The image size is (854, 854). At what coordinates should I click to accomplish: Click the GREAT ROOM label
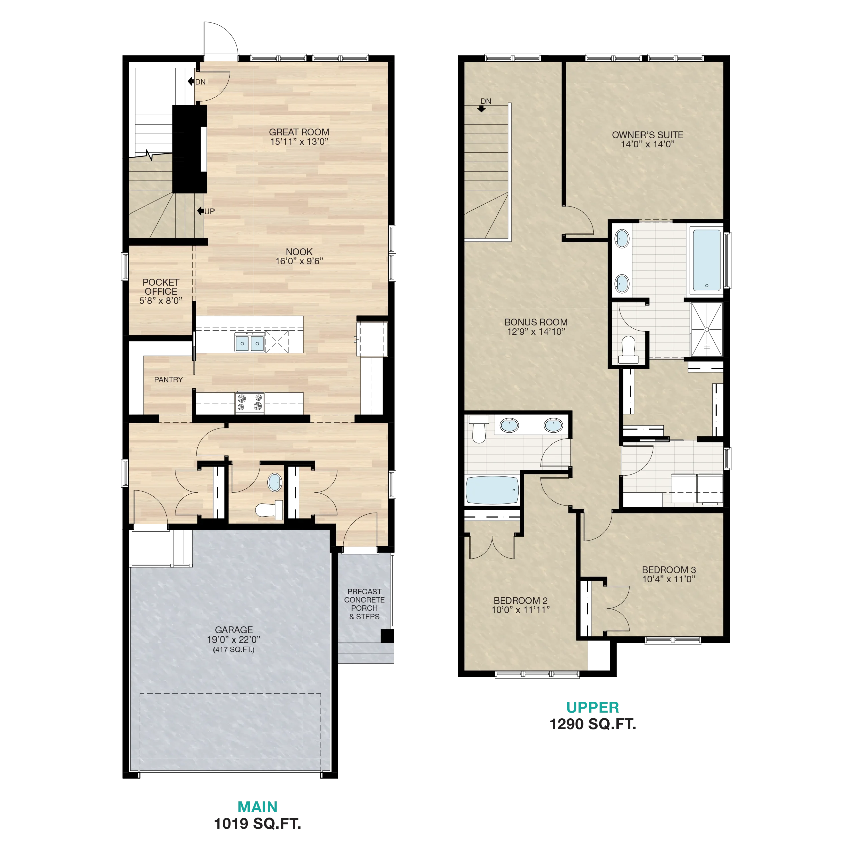tap(299, 132)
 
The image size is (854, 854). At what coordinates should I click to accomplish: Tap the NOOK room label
tap(299, 252)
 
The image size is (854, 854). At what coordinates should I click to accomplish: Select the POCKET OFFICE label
tap(161, 287)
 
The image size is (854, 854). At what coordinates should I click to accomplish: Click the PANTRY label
tap(168, 380)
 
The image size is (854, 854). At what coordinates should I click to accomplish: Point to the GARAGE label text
tap(234, 630)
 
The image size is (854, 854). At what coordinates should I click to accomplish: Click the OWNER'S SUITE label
tap(647, 135)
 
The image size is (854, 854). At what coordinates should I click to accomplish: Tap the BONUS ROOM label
tap(536, 322)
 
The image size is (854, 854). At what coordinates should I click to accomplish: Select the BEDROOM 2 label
tap(520, 601)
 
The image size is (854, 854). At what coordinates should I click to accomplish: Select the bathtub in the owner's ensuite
tap(706, 260)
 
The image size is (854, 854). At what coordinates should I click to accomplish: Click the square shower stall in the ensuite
tap(706, 329)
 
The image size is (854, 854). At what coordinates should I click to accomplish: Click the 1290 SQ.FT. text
tap(592, 724)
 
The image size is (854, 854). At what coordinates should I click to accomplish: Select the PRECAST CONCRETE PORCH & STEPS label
tap(364, 604)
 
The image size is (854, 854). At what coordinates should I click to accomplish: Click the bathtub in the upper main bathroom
tap(492, 490)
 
